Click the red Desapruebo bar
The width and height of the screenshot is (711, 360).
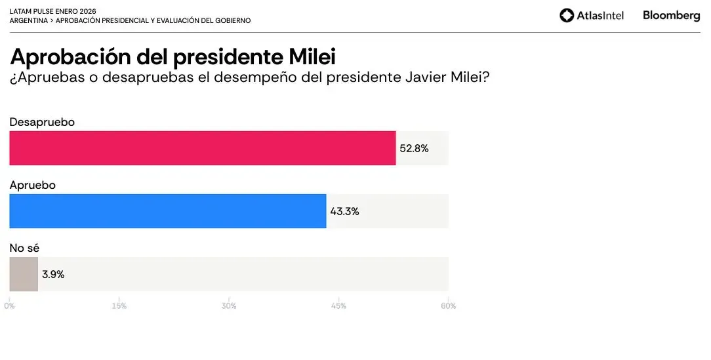(202, 148)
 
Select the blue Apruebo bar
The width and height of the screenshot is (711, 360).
(167, 211)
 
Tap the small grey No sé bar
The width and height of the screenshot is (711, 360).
(24, 274)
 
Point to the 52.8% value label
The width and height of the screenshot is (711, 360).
(414, 149)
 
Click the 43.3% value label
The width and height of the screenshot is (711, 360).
(344, 212)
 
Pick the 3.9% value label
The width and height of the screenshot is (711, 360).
(53, 275)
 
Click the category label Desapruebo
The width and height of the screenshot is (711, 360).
(42, 122)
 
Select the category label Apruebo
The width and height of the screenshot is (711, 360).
(32, 186)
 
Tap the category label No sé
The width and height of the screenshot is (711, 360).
(24, 248)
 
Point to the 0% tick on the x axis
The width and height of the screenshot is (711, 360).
(9, 306)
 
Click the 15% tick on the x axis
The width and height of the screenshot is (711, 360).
(119, 306)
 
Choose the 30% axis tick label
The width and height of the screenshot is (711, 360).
(229, 306)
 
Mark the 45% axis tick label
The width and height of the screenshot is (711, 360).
(338, 306)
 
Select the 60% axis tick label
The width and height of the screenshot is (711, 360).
(448, 306)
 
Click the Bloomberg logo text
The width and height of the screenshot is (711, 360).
(671, 15)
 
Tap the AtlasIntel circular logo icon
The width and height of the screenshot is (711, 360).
(567, 16)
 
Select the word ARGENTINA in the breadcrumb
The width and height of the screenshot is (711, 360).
(28, 21)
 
